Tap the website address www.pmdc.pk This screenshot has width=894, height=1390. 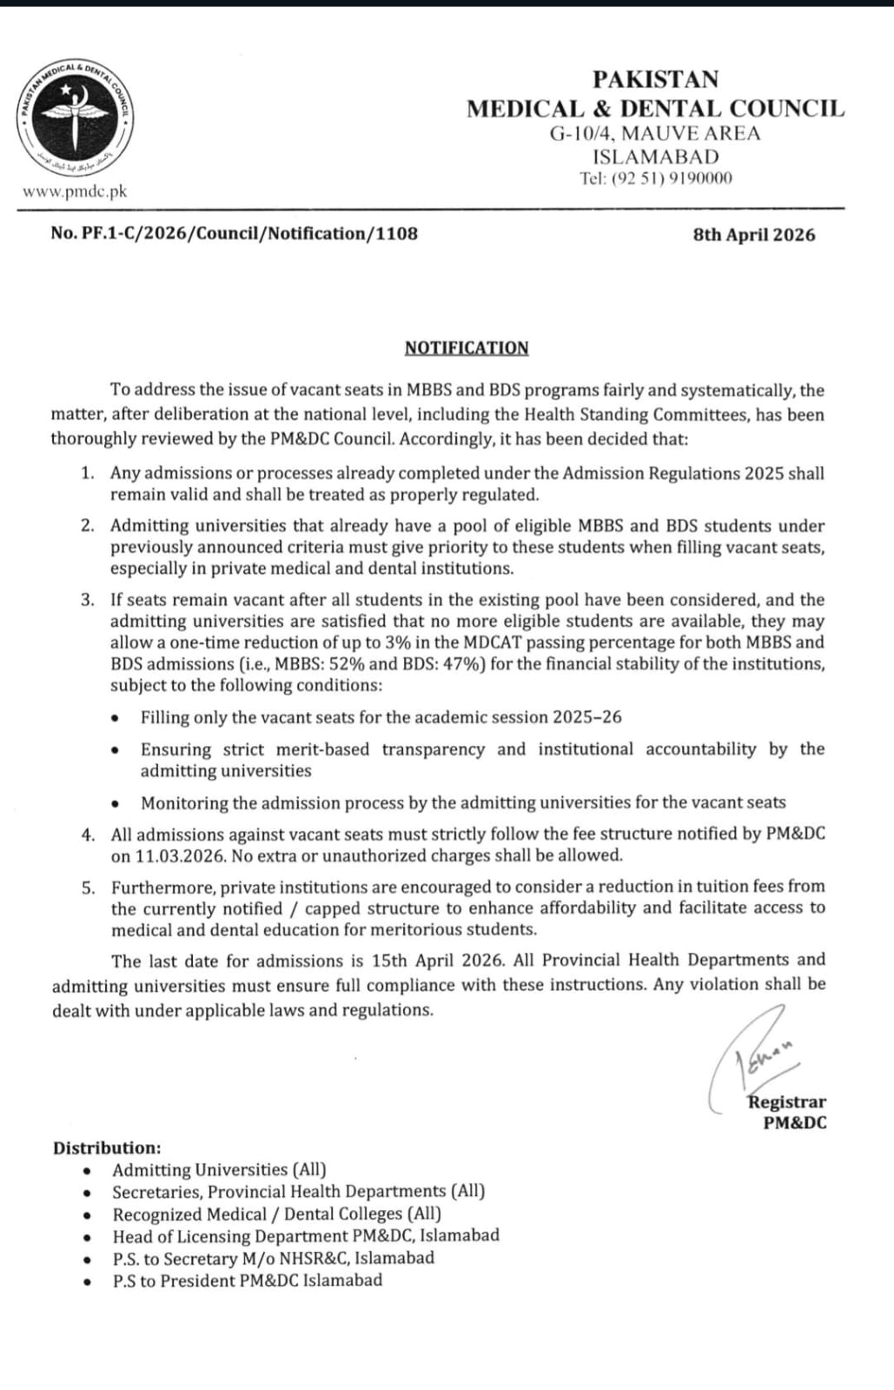point(75,191)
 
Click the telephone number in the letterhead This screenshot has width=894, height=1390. point(656,178)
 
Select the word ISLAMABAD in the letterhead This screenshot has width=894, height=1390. point(656,156)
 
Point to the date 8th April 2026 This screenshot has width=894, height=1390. point(754,235)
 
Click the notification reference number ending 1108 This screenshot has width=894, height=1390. point(235,234)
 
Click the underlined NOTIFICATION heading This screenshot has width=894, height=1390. point(467,348)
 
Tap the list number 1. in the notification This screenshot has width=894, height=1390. point(87,473)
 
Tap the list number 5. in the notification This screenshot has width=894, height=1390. point(88,888)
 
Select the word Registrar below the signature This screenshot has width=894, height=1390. point(787,1102)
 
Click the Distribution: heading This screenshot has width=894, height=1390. point(107,1148)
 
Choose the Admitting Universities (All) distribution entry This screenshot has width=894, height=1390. point(219,1170)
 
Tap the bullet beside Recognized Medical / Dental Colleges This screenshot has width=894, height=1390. point(88,1215)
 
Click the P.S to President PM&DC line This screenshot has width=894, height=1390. point(247,1280)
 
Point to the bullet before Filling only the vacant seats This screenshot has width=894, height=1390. point(116,718)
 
